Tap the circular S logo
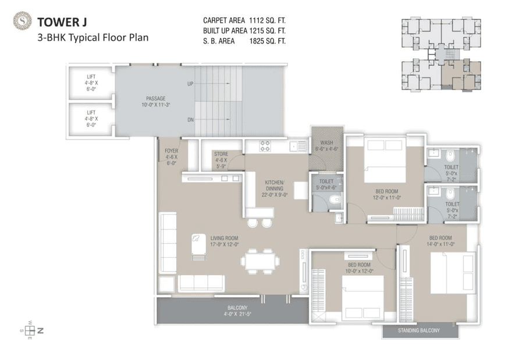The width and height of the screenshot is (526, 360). coord(22,22)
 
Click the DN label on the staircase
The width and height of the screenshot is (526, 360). coord(190,120)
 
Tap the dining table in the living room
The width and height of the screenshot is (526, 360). coord(260,261)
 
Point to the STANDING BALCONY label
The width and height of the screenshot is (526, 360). coord(418,331)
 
